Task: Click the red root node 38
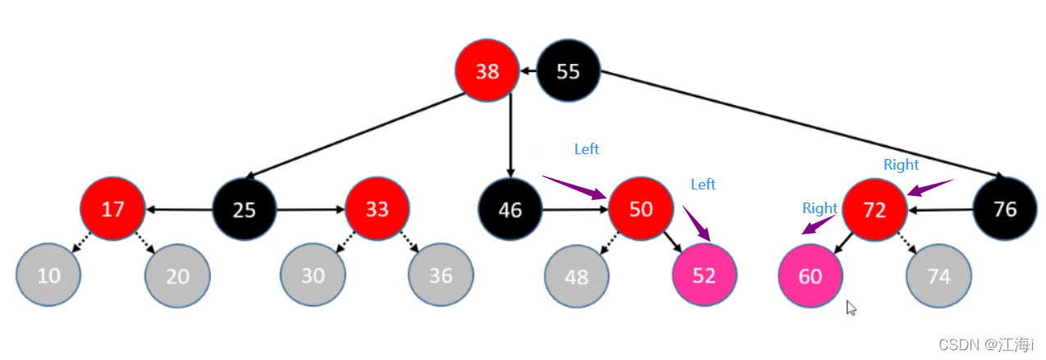pos(487,71)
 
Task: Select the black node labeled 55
pos(569,71)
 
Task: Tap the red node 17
pos(112,209)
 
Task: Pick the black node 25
pos(244,209)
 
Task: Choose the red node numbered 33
pos(377,209)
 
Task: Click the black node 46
pos(510,210)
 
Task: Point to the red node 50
pos(641,209)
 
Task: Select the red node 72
pos(875,210)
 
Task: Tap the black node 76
pos(1005,209)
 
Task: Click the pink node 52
pos(704,275)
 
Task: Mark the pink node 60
pos(811,276)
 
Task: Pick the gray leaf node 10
pos(48,275)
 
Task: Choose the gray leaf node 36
pos(441,275)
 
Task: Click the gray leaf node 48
pos(576,277)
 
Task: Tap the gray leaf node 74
pos(939,276)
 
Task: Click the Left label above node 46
pos(587,149)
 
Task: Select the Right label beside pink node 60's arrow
pos(820,208)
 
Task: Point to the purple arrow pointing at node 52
pos(697,223)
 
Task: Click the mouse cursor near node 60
pos(851,308)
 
